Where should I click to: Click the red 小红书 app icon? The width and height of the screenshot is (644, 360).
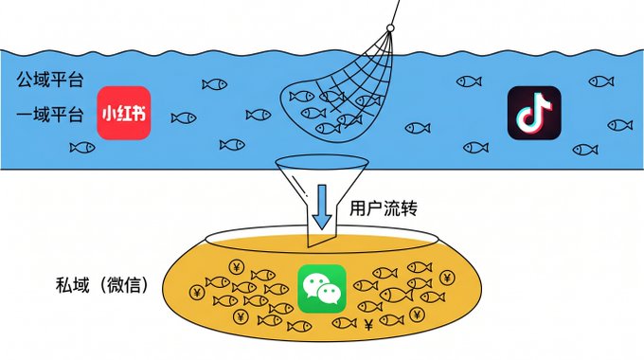point(124,113)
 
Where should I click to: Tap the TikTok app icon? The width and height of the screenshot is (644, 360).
point(534,113)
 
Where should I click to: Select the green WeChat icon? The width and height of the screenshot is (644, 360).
point(322,289)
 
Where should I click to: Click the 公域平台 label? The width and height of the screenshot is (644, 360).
point(50,80)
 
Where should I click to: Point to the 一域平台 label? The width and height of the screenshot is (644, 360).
point(50,115)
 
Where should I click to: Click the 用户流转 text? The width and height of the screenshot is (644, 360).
point(384,207)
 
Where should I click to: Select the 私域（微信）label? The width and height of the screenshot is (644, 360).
point(102,285)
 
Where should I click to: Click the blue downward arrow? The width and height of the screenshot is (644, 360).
point(322,207)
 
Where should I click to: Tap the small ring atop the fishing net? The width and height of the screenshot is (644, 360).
point(390,27)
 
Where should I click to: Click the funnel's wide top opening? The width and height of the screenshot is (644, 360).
point(321,162)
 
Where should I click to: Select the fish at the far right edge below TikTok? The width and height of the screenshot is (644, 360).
point(619,125)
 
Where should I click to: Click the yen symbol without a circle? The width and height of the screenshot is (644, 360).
point(368,325)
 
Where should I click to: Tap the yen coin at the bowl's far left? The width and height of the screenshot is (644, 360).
point(197,293)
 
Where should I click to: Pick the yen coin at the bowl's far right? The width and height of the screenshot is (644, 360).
point(447,278)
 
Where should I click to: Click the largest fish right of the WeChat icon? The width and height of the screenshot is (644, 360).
point(396,295)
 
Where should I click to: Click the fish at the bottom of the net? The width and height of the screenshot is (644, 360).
point(329,128)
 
